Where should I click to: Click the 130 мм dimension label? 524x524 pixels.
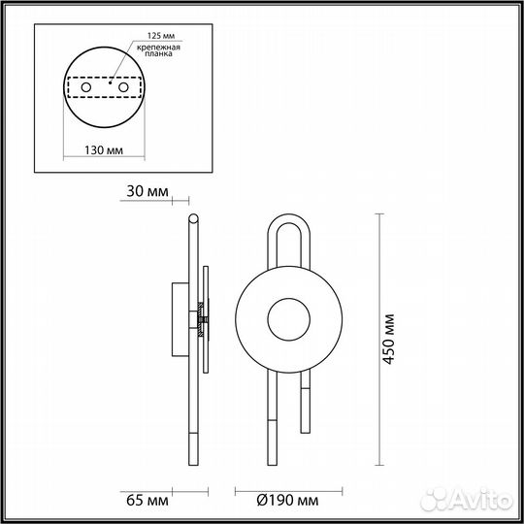(x=104, y=150)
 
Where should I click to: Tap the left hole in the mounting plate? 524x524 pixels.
(x=85, y=88)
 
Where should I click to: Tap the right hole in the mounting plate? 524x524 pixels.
(x=123, y=88)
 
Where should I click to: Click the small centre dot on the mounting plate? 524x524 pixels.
(x=110, y=85)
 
